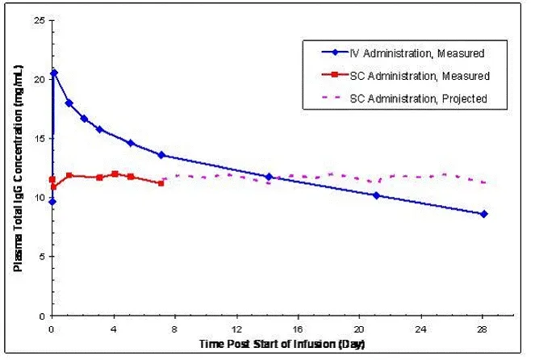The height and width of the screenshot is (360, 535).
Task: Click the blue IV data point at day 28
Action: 483,214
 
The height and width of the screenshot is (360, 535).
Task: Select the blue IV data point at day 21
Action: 376,195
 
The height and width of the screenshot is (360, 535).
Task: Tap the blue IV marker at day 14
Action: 269,176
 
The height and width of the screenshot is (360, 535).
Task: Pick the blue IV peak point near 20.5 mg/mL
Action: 54,73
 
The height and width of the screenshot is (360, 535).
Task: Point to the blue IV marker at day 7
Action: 161,155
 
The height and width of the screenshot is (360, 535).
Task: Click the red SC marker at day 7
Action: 161,183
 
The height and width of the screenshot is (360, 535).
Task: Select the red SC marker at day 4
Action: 115,174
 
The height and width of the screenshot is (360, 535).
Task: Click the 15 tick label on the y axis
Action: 38,138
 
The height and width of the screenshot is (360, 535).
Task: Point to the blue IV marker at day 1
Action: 69,103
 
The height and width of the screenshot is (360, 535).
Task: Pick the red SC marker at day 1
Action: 69,175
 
